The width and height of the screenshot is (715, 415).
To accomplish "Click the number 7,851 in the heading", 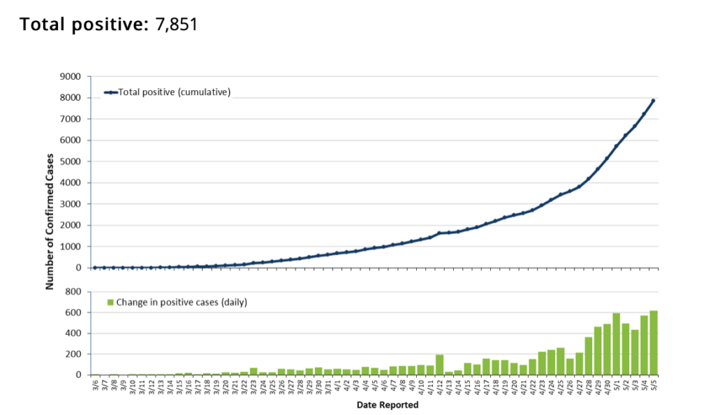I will coord(176,24).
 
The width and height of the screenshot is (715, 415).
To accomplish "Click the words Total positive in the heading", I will coord(84,24).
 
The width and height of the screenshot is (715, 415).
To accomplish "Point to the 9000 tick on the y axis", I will coord(71,77).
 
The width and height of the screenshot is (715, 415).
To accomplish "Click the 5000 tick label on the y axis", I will coord(71,162).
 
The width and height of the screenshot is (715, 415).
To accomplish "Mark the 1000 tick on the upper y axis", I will coord(71,247).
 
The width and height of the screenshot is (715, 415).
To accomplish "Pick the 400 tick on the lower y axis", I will coord(73,333).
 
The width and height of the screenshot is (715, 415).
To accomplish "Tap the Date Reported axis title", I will coord(388,405).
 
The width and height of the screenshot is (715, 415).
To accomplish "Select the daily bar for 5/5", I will coord(654,343).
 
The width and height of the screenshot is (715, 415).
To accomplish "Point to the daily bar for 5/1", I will coord(617,344).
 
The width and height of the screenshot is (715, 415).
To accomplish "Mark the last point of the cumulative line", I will coord(654,101).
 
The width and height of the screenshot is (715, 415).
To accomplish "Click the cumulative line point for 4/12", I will coord(440,233).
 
